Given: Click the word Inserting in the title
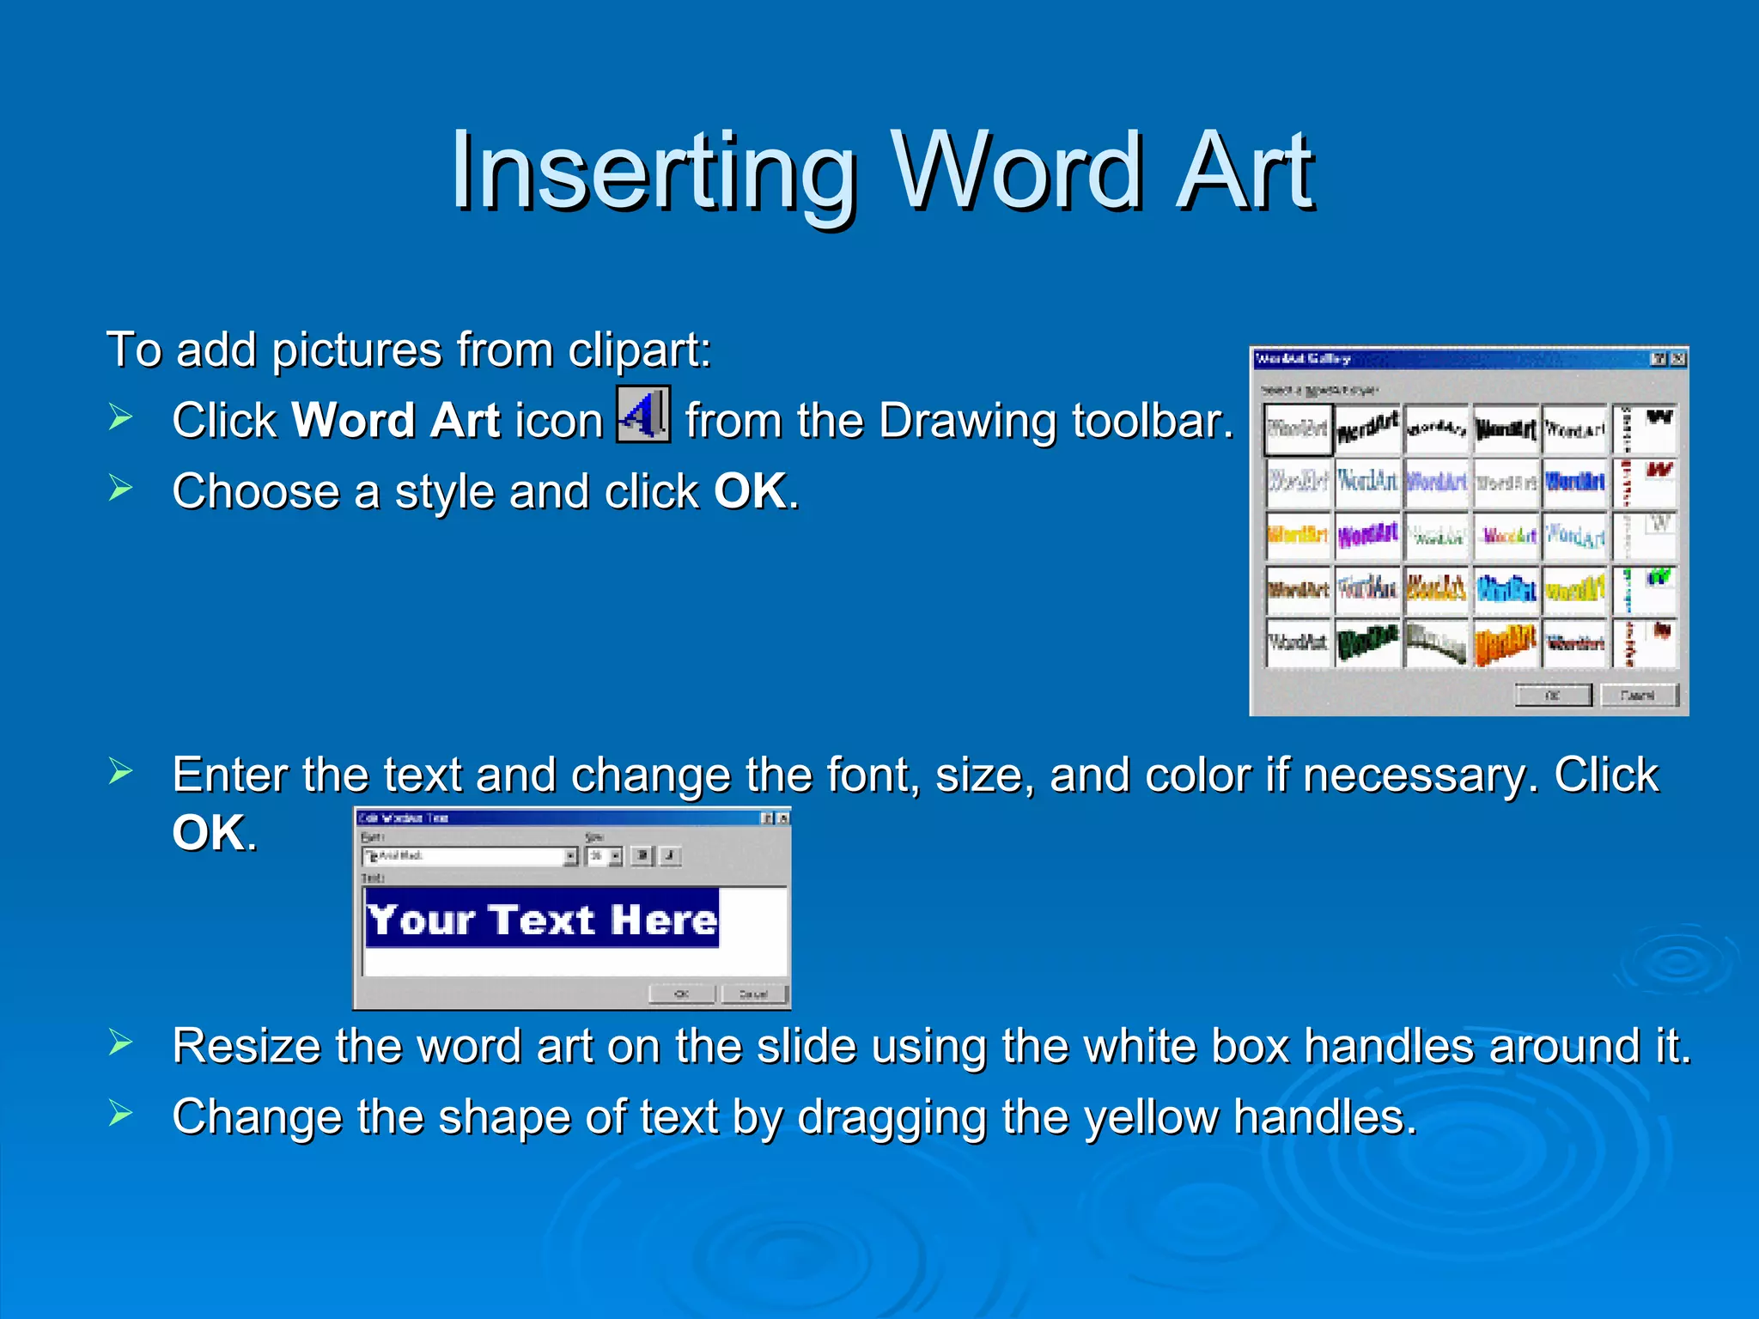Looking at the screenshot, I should [653, 172].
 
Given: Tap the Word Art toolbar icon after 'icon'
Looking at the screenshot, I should [643, 415].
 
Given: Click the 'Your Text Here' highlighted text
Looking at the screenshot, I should [542, 920].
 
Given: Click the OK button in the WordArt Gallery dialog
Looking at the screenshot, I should [1553, 695].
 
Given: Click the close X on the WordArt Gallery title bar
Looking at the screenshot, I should [1678, 359].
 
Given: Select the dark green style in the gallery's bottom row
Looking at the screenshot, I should [1367, 642].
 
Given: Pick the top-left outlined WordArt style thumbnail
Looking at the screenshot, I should [1298, 429].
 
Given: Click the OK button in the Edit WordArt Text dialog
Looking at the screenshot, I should [682, 994].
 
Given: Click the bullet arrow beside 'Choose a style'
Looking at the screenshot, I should [120, 489].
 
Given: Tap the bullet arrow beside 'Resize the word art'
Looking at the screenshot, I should [120, 1042].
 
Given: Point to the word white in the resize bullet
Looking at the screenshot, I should [1133, 1046].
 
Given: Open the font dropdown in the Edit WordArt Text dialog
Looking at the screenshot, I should [570, 856].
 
